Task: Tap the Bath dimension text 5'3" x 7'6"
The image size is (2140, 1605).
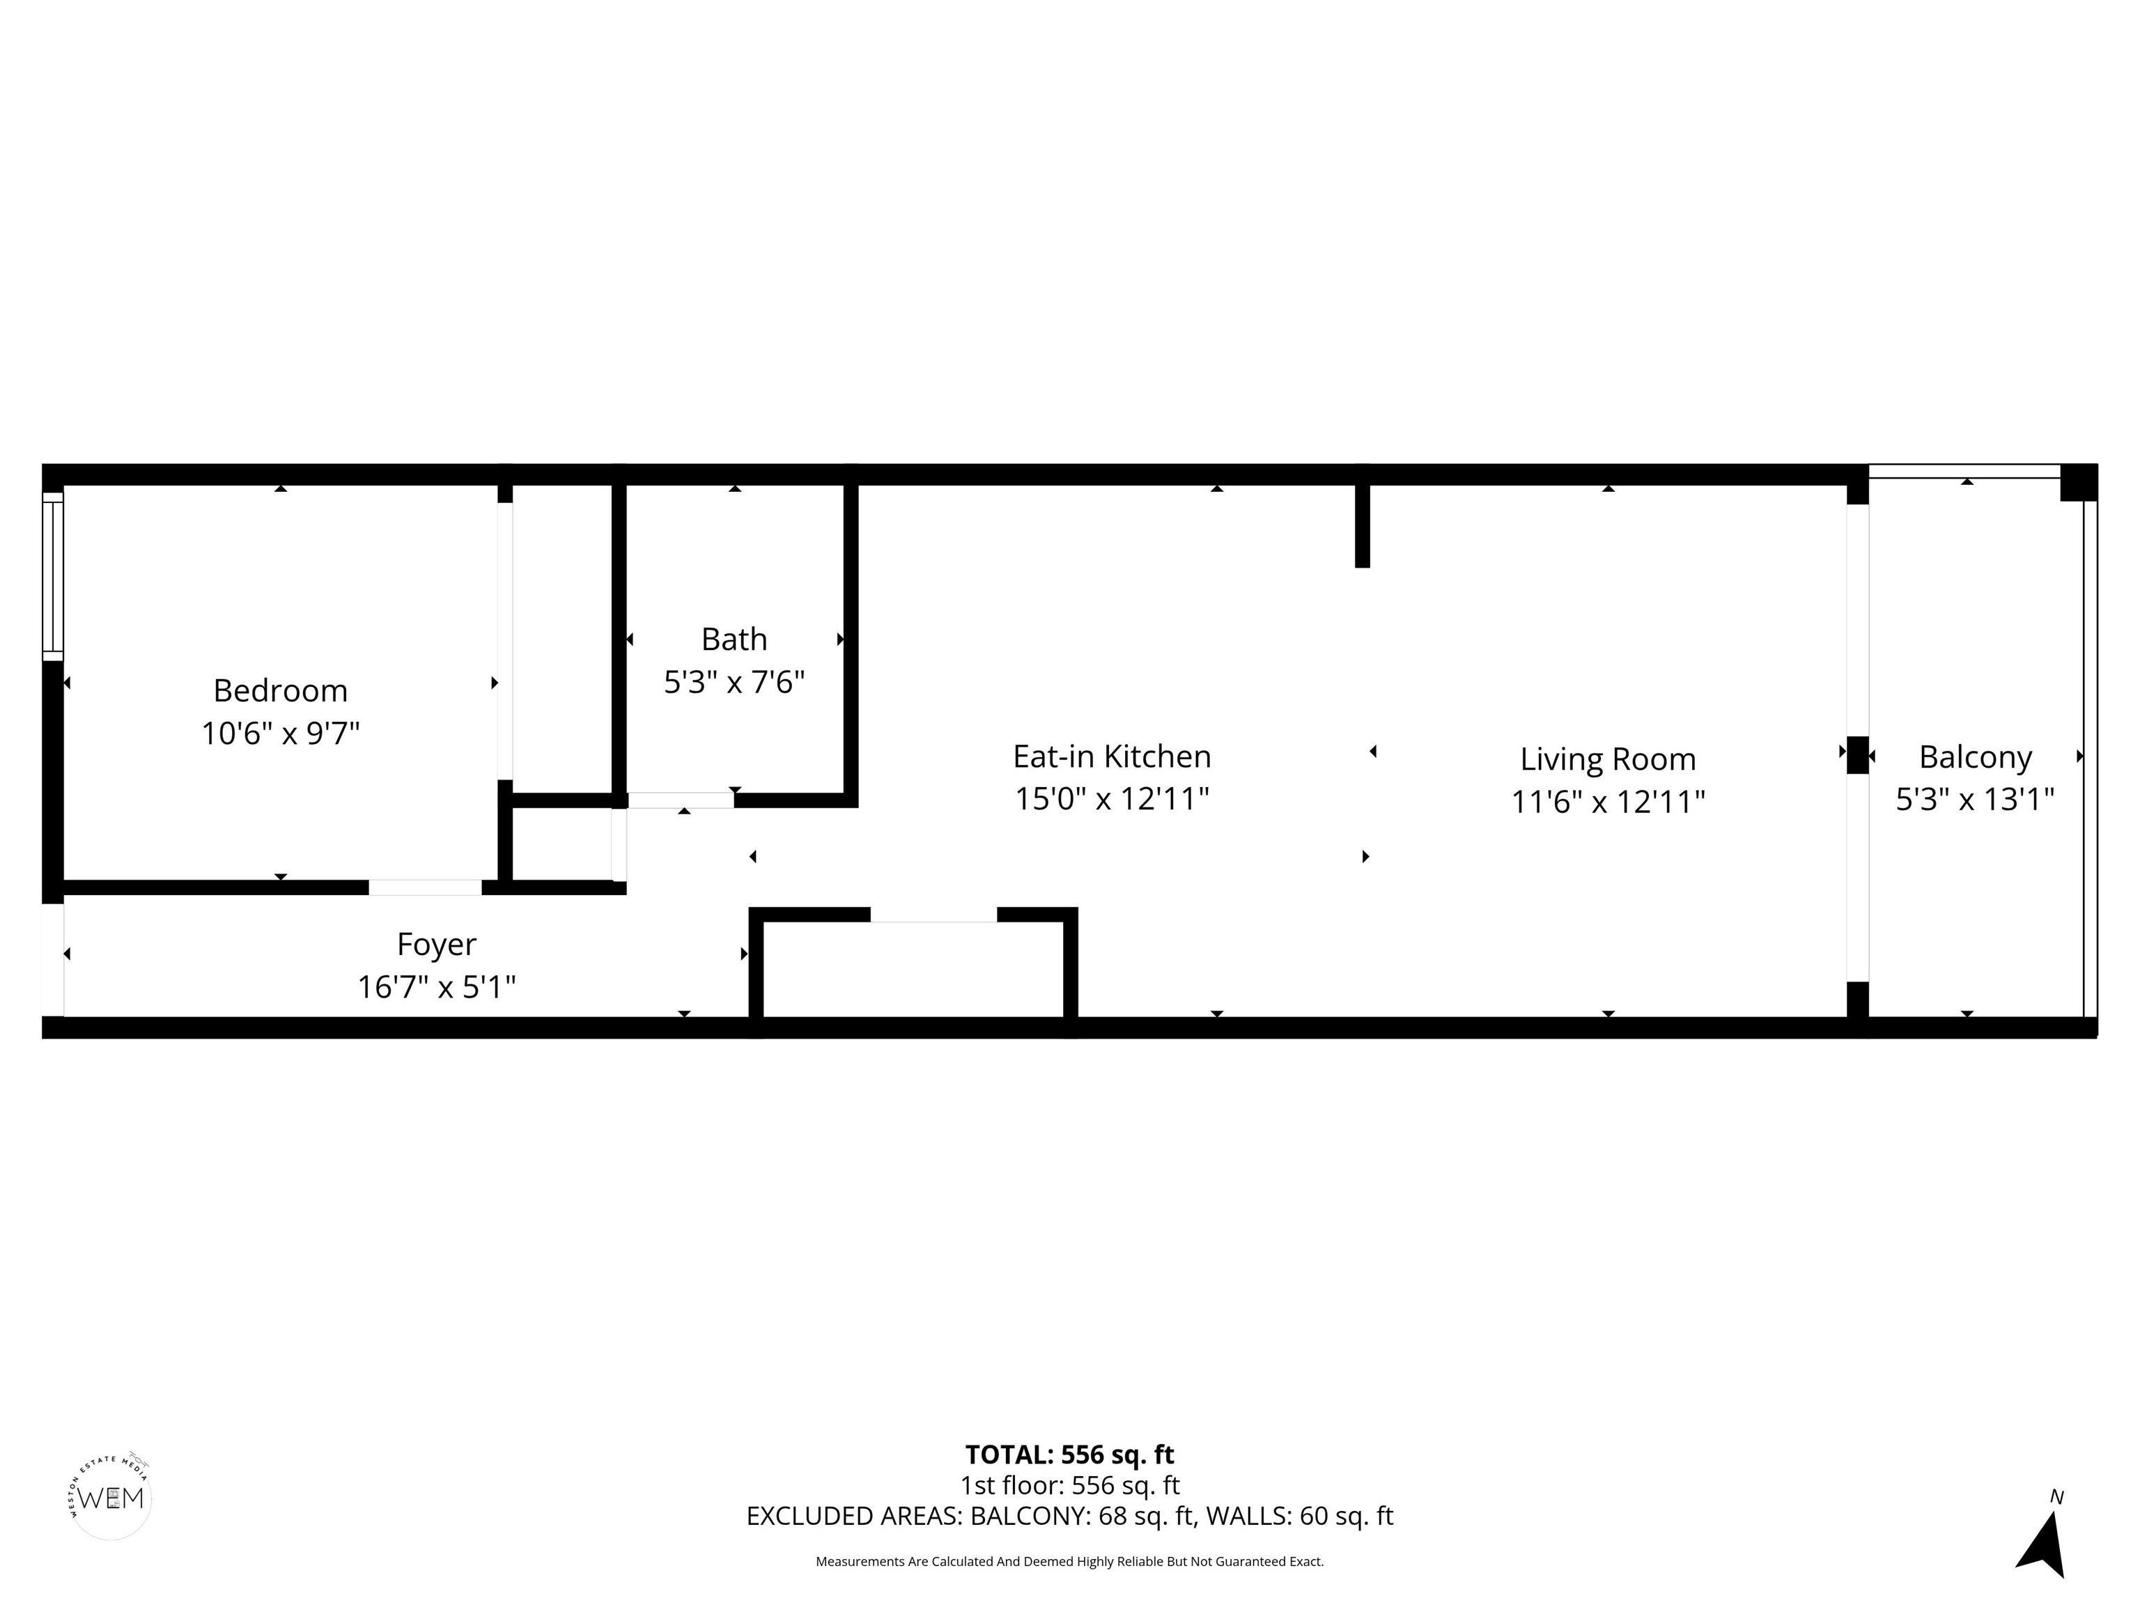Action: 734,682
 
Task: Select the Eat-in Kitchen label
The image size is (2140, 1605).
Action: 1112,756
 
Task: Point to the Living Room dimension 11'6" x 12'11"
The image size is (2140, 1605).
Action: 1607,801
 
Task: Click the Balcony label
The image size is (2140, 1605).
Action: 1975,757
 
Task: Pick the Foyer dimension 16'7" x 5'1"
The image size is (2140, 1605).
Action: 436,987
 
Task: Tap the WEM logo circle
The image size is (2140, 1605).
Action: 111,1498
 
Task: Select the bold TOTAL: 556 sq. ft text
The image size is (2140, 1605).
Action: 1069,1454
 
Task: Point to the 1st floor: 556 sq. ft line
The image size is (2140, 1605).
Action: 1069,1485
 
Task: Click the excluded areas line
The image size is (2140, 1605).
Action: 1069,1516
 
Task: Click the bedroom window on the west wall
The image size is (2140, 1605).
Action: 53,577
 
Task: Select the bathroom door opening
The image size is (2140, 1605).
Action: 681,800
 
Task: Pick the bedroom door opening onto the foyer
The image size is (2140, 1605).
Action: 425,887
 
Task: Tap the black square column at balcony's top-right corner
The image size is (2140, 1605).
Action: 2078,483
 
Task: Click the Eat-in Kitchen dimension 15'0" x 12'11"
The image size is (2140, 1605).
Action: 1112,799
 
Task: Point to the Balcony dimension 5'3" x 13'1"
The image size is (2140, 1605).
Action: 1975,799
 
